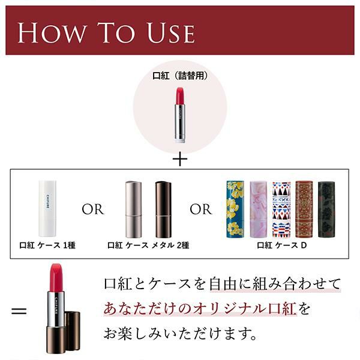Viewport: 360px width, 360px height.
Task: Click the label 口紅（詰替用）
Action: coord(180,76)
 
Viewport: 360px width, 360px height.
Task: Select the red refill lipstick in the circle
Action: coord(180,114)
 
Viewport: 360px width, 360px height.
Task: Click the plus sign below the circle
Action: coord(180,159)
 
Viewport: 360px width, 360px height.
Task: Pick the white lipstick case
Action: coord(47,208)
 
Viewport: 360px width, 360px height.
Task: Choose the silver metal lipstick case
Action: coord(133,209)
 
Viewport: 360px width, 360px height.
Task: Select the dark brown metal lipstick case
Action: coord(163,209)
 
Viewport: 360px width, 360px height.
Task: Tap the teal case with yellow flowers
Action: coord(235,209)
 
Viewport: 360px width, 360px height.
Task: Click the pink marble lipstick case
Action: coord(258,209)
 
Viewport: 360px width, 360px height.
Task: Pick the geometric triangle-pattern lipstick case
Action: coord(281,209)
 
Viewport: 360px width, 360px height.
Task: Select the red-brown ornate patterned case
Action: coord(304,209)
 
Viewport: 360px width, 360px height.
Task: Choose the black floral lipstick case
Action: coord(326,209)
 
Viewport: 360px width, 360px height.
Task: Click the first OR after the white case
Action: coord(93,209)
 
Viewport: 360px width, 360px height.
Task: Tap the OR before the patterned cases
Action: coord(201,209)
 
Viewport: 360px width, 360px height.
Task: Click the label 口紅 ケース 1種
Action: coord(47,245)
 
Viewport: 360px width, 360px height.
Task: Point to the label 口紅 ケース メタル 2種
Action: coord(148,245)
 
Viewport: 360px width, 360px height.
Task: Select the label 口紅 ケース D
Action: coord(282,245)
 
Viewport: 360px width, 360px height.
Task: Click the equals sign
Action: coord(19,311)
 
